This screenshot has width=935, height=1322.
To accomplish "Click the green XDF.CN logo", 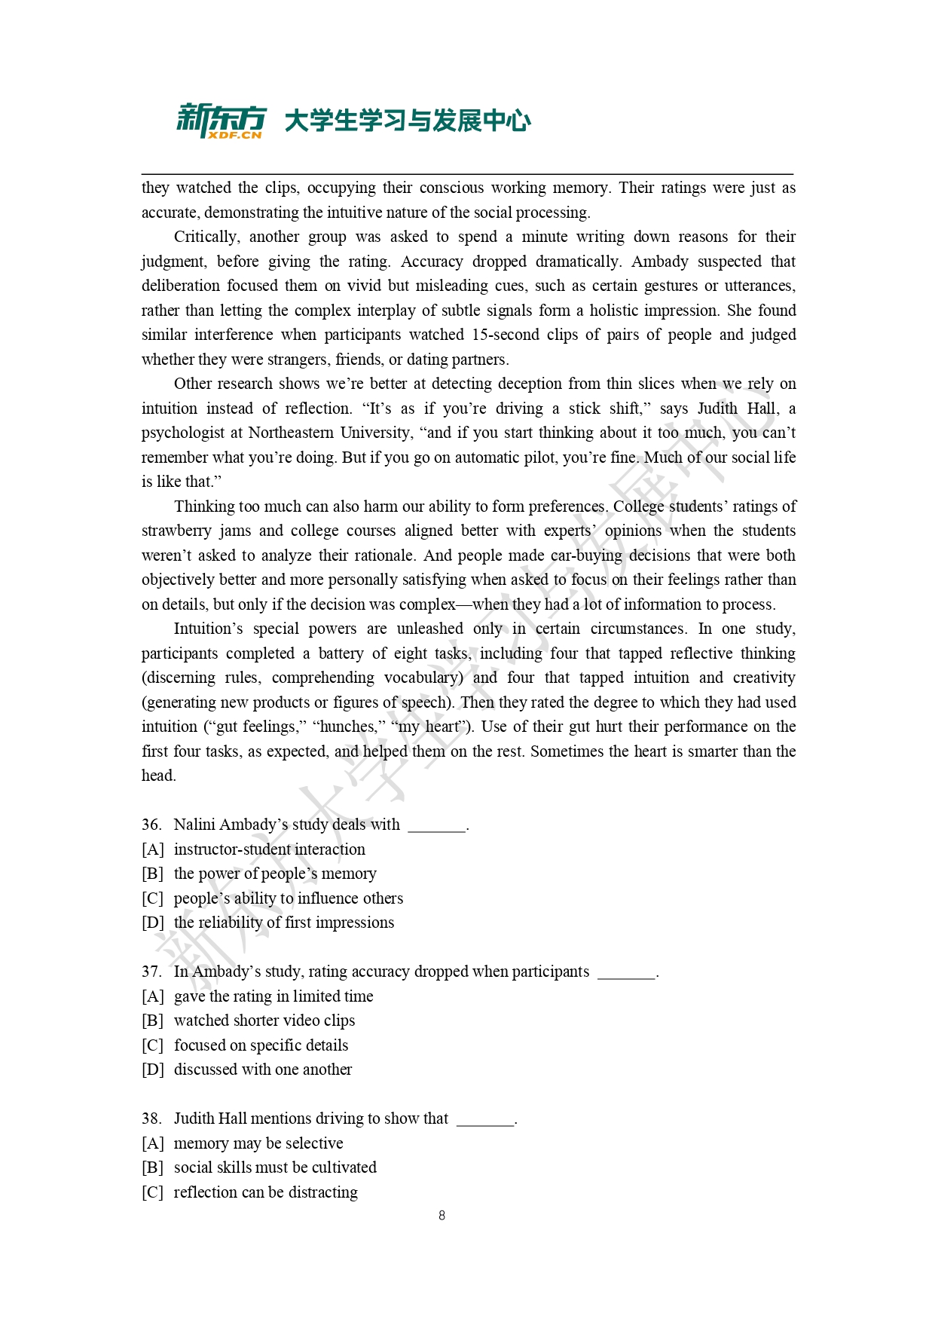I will (221, 121).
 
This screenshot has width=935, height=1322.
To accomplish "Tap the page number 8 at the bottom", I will (442, 1215).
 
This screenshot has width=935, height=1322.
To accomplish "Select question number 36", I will (151, 825).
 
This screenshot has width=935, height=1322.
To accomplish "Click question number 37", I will (151, 972).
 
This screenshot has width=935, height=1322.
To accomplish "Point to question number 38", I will (151, 1118).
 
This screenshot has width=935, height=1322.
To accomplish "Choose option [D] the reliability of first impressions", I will (283, 923).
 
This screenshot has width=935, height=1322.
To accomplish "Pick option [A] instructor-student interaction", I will (269, 849).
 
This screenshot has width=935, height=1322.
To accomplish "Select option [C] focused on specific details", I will (261, 1045).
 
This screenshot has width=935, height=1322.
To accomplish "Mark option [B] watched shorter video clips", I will (264, 1021).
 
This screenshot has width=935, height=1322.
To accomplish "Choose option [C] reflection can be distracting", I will (265, 1192).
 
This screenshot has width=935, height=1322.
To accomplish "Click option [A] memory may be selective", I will (258, 1143).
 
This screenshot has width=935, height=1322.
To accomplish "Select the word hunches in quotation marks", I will (347, 727).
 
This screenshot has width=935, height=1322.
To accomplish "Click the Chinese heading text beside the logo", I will (407, 121).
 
